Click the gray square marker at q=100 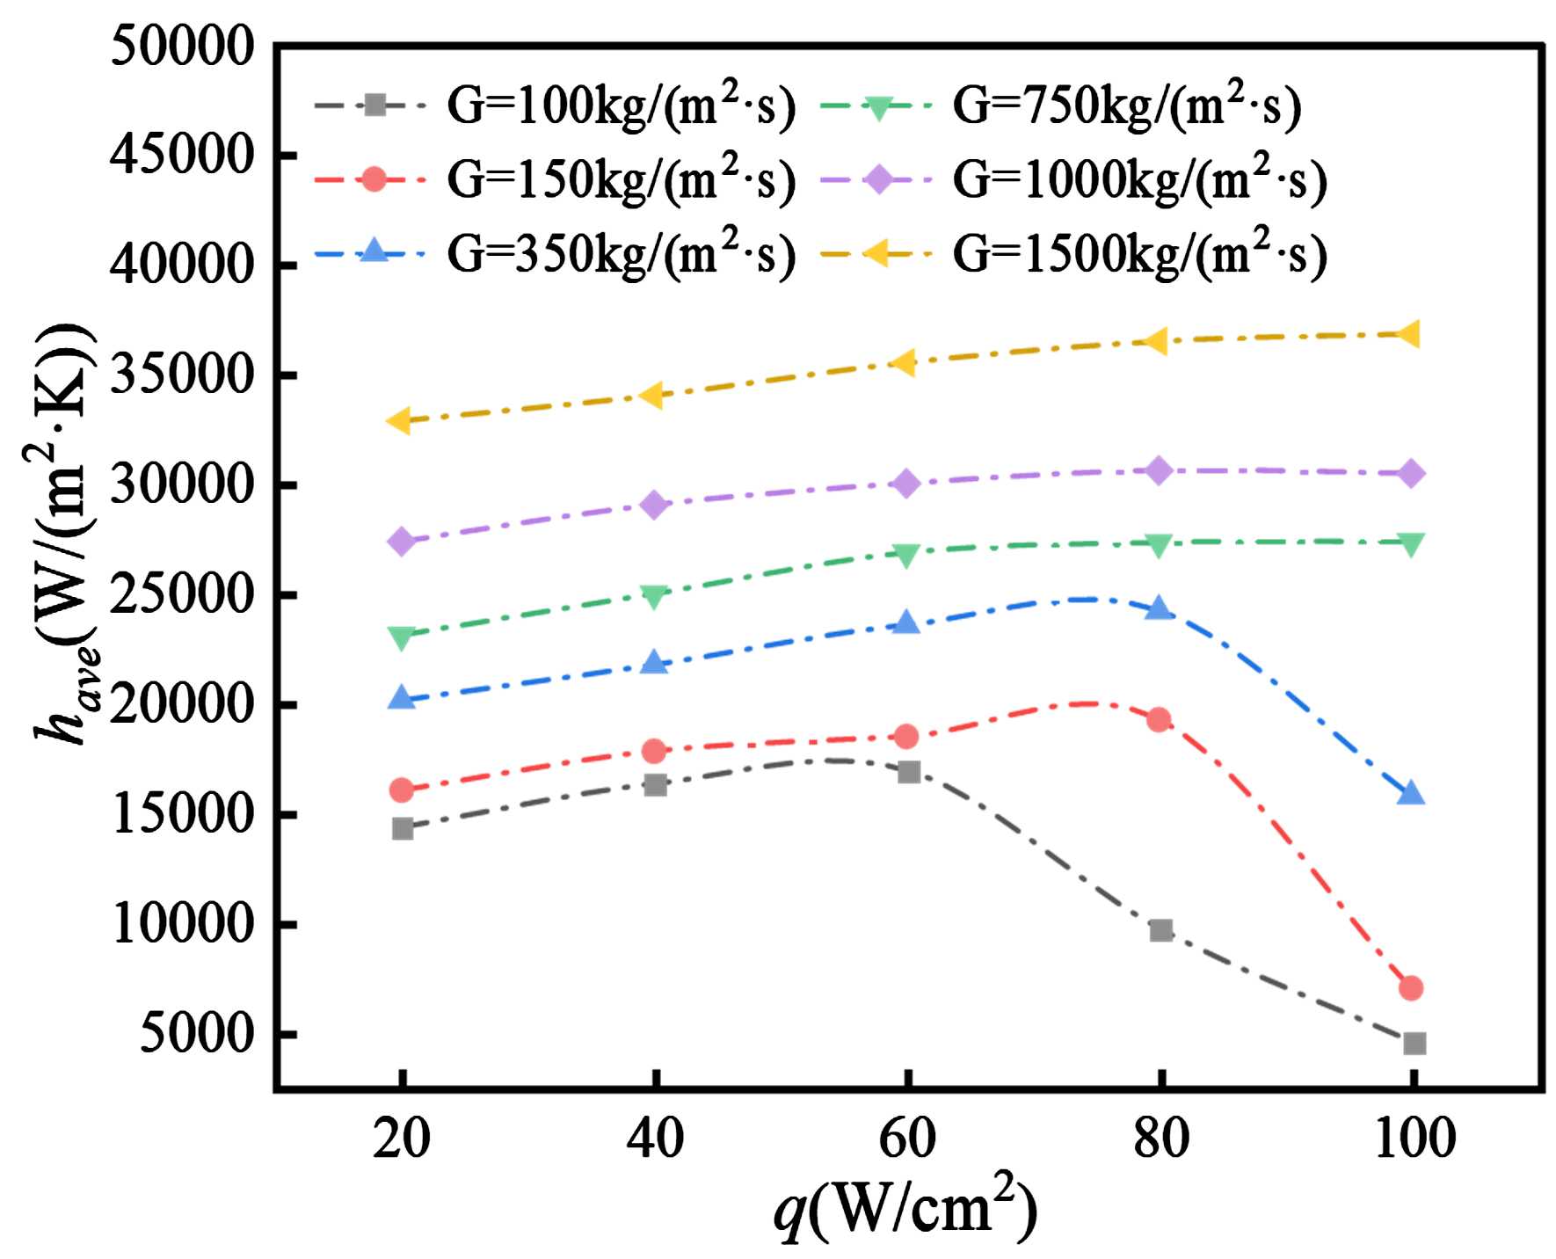pyautogui.click(x=1414, y=1044)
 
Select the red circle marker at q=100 pyautogui.click(x=1412, y=988)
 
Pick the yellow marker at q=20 pyautogui.click(x=401, y=421)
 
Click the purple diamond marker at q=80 pyautogui.click(x=1160, y=471)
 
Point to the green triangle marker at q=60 pyautogui.click(x=908, y=554)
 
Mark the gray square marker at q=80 pyautogui.click(x=1160, y=930)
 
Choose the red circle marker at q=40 pyautogui.click(x=654, y=751)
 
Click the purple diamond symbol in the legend pyautogui.click(x=876, y=180)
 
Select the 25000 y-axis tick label pyautogui.click(x=181, y=596)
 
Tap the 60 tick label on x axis pyautogui.click(x=908, y=1139)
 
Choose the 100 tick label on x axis pyautogui.click(x=1412, y=1139)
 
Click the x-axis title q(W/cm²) pyautogui.click(x=905, y=1212)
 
